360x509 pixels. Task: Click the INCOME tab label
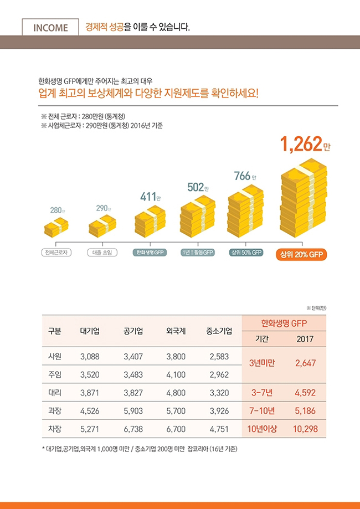(x=51, y=27)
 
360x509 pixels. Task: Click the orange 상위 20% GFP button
(x=302, y=255)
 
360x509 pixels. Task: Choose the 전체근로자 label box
(x=56, y=253)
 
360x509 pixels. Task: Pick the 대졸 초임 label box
(x=102, y=253)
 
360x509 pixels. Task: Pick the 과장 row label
(x=55, y=412)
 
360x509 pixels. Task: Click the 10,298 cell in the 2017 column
(x=305, y=429)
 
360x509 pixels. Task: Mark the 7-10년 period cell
(x=262, y=412)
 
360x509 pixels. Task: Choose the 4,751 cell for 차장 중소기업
(x=219, y=429)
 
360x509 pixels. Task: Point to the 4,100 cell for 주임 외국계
(x=176, y=375)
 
